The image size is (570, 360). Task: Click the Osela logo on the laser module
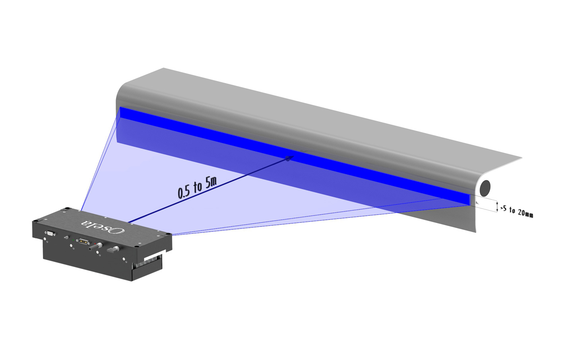pyautogui.click(x=103, y=226)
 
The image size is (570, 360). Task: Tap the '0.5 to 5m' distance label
pyautogui.click(x=197, y=188)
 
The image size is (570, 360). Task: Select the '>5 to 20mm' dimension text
pyautogui.click(x=517, y=212)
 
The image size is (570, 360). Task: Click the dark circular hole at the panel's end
pyautogui.click(x=485, y=188)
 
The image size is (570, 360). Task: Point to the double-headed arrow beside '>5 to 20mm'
pyautogui.click(x=497, y=206)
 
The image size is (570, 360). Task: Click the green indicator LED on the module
pyautogui.click(x=73, y=240)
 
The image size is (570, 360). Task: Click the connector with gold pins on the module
pyautogui.click(x=83, y=241)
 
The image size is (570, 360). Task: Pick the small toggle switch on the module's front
pyautogui.click(x=67, y=237)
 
